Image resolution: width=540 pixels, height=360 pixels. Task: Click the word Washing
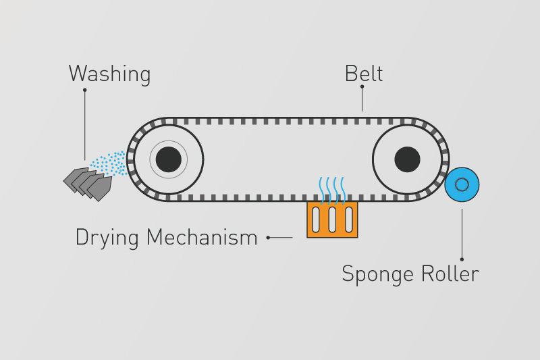pos(109,74)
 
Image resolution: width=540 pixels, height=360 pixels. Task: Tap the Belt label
pos(363,73)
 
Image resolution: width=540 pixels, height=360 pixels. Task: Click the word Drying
pos(108,238)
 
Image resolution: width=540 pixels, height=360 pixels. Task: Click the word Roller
pos(449,274)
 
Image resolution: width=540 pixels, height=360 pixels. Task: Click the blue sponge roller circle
pos(462,184)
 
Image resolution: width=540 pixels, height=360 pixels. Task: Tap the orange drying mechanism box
pos(332,220)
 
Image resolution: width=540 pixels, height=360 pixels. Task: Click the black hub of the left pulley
pos(168,159)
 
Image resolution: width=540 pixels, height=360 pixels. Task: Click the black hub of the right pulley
pos(407,159)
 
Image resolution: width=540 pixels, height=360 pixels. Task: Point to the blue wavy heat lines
pos(333,189)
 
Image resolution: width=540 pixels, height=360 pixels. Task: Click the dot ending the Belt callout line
pos(362,86)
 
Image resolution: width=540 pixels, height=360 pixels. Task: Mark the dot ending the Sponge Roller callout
pos(462,259)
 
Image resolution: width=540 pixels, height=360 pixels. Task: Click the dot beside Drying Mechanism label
pos(269,238)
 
